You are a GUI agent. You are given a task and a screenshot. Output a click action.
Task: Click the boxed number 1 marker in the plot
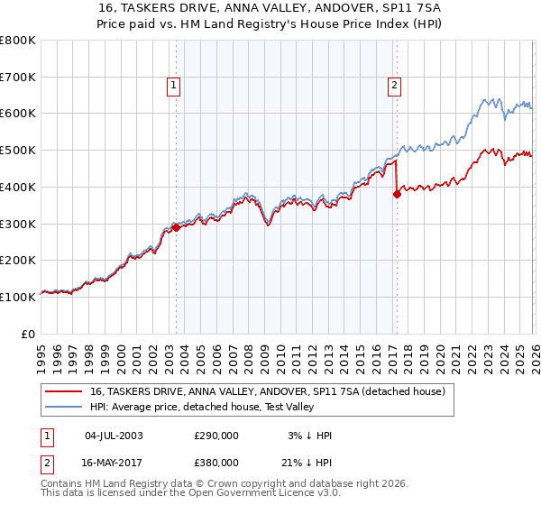coord(173,87)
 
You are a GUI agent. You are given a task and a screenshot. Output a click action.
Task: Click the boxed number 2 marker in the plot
coord(395,87)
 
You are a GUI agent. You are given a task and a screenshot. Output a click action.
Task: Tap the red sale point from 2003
coord(177,227)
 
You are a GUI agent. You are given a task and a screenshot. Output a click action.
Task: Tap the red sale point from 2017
coord(397,193)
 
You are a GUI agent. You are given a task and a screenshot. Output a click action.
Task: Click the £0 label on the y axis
coord(29,334)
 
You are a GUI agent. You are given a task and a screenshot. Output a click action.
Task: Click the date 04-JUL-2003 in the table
coord(114,436)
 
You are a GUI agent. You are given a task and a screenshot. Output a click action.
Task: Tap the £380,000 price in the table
coord(216,462)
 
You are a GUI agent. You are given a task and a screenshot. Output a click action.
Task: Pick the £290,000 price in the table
coord(216,436)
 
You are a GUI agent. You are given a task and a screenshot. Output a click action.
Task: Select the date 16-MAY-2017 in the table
coord(114,462)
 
